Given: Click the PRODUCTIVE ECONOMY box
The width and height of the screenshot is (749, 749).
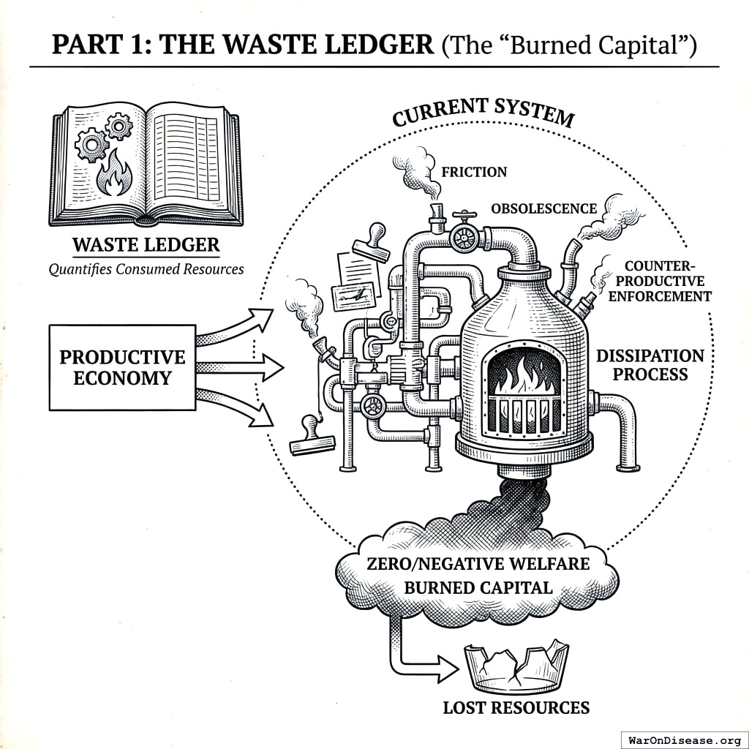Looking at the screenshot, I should (122, 367).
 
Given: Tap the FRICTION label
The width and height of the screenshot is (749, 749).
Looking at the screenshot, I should (474, 173).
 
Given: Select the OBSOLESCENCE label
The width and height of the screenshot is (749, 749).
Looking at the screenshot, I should (543, 209).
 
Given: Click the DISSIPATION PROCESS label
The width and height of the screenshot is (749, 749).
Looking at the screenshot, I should (650, 365).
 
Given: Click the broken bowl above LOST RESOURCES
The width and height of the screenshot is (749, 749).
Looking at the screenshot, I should (516, 666).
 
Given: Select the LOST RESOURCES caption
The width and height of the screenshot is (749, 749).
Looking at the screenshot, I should (516, 707).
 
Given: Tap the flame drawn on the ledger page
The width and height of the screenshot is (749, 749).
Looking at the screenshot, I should (115, 178).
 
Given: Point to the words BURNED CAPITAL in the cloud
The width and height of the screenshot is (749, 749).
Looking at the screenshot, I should (478, 587).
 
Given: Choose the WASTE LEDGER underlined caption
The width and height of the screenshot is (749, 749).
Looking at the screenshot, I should (146, 245).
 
